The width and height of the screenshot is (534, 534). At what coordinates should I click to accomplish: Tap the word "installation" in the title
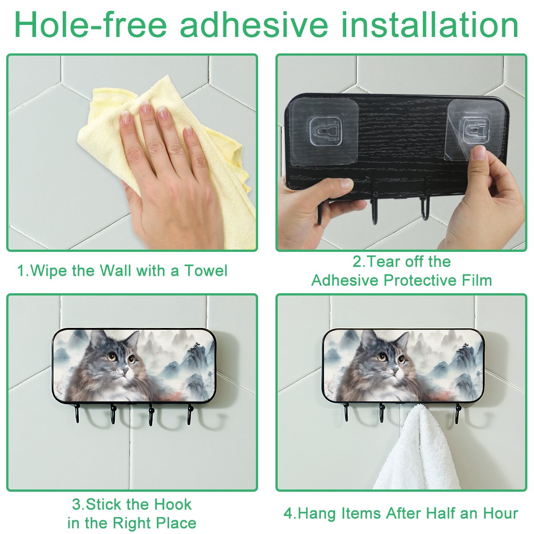pyautogui.click(x=429, y=24)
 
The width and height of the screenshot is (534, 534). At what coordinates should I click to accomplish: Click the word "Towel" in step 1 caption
pyautogui.click(x=206, y=271)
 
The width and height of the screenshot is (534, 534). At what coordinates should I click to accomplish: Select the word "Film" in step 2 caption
pyautogui.click(x=477, y=280)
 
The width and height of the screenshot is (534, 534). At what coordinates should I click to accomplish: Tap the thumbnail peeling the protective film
pyautogui.click(x=479, y=153)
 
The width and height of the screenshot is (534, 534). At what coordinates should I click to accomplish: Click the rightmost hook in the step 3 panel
pyautogui.click(x=190, y=415)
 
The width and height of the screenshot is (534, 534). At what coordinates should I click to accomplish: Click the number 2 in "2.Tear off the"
pyautogui.click(x=356, y=262)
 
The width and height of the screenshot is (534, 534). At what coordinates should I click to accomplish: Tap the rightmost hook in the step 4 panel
pyautogui.click(x=457, y=414)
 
